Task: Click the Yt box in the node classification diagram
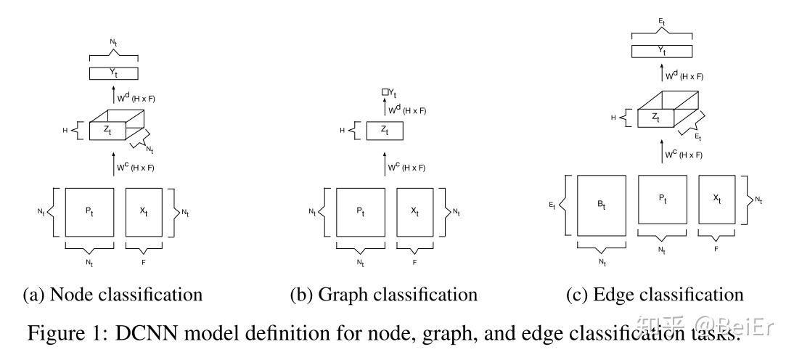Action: click(113, 73)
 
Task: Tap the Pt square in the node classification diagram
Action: click(89, 211)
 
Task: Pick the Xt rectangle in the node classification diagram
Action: click(143, 211)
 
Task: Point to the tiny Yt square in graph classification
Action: click(385, 92)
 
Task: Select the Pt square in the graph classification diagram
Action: click(360, 211)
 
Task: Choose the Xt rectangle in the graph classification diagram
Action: click(414, 211)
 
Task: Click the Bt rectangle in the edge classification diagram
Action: click(602, 205)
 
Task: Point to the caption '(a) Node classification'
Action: click(112, 295)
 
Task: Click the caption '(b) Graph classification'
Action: click(385, 295)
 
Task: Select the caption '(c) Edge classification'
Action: click(655, 295)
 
